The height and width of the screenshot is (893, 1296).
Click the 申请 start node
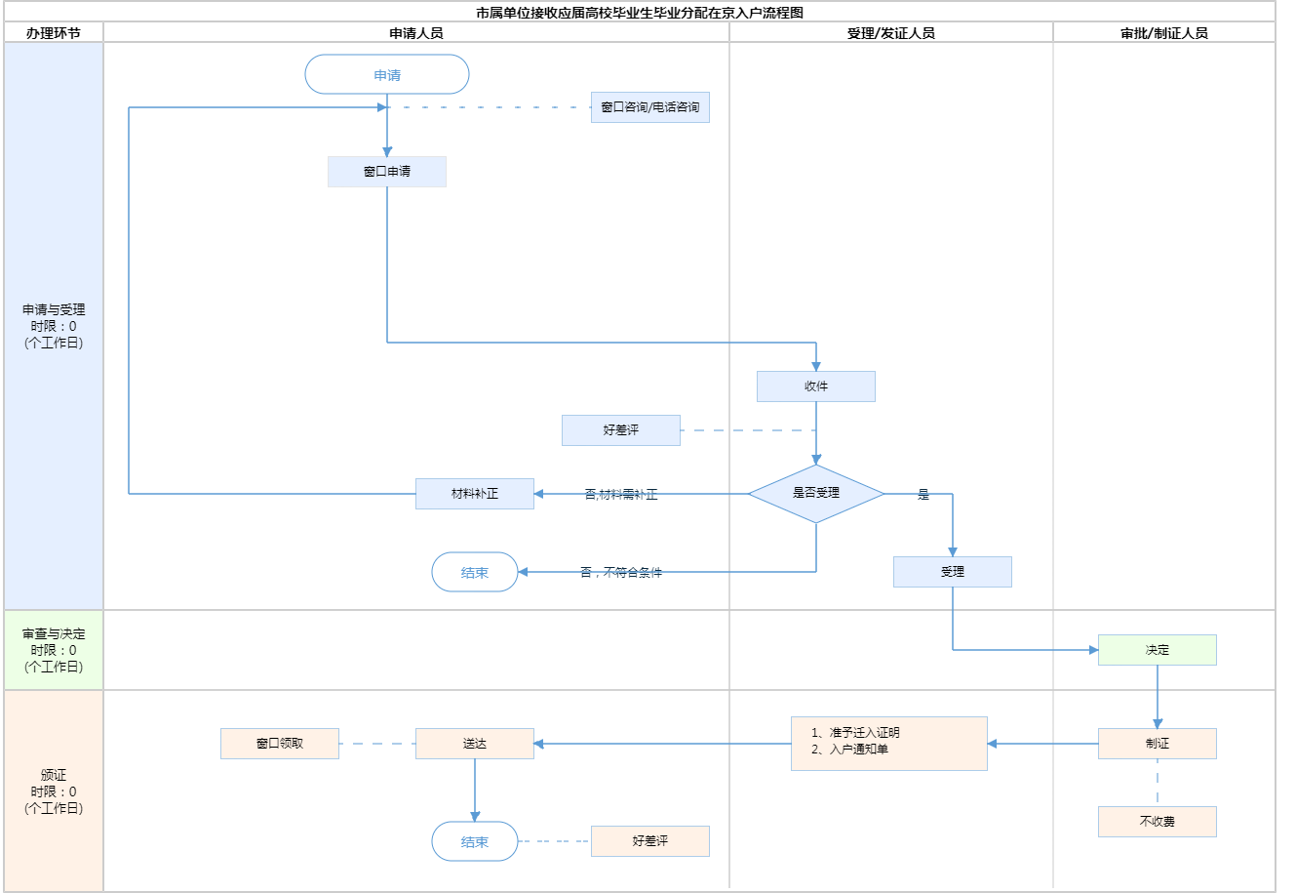[387, 75]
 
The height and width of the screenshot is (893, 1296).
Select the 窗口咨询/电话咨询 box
[650, 107]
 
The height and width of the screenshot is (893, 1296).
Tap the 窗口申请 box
[387, 172]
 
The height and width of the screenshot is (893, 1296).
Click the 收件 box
[816, 386]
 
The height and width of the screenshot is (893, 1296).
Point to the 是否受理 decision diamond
[816, 494]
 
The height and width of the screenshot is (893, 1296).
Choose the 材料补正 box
[475, 494]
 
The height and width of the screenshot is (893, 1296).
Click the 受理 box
[953, 572]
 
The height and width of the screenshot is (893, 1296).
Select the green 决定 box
[1158, 650]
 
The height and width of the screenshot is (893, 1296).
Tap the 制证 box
[1158, 744]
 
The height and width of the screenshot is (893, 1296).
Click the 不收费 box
[1158, 822]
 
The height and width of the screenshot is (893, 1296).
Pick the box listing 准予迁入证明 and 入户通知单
[889, 744]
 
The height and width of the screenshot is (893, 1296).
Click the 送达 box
[475, 744]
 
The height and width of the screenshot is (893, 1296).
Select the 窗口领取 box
[280, 744]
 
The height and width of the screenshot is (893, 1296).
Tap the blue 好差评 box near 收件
[621, 430]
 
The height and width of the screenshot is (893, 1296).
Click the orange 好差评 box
[650, 841]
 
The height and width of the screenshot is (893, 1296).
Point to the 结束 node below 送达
[475, 841]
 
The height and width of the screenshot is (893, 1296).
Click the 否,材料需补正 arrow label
[621, 495]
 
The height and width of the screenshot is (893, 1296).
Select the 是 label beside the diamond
[923, 495]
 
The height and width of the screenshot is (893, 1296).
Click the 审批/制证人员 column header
[1164, 33]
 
